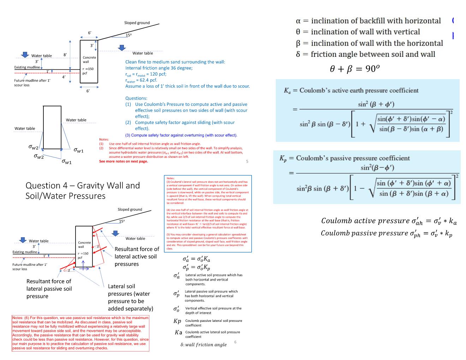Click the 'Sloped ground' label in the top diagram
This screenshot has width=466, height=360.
pyautogui.click(x=137, y=23)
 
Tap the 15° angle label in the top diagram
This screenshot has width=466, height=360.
pyautogui.click(x=129, y=35)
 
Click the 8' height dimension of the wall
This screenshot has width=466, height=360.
pyautogui.click(x=65, y=55)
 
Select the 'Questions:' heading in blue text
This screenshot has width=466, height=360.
pyautogui.click(x=136, y=98)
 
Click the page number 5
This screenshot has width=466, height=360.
pyautogui.click(x=247, y=161)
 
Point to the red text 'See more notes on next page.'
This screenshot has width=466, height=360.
pyautogui.click(x=124, y=161)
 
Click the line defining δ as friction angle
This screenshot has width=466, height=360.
pyautogui.click(x=365, y=54)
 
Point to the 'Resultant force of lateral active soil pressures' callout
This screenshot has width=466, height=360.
pyautogui.click(x=137, y=256)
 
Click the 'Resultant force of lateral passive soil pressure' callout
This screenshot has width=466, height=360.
pyautogui.click(x=49, y=289)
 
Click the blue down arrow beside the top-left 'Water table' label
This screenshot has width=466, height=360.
pyautogui.click(x=25, y=55)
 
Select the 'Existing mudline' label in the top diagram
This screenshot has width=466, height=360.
pyautogui.click(x=27, y=67)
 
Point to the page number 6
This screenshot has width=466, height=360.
pyautogui.click(x=235, y=342)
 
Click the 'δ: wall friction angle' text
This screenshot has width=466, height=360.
pyautogui.click(x=203, y=344)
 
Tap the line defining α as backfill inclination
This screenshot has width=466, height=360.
pyautogui.click(x=368, y=21)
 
